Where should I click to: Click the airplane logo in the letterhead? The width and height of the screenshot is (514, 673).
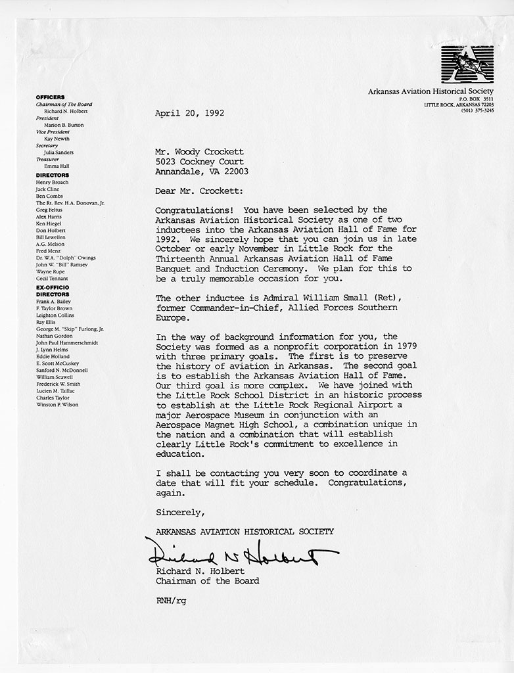coord(467,64)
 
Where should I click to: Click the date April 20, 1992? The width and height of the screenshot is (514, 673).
coord(189,113)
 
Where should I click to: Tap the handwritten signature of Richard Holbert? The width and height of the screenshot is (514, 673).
coord(237,553)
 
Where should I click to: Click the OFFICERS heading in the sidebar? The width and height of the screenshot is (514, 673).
coord(50,97)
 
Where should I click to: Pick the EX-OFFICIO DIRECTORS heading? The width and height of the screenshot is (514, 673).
coord(53,291)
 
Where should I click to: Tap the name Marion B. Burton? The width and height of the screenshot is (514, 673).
coord(64,125)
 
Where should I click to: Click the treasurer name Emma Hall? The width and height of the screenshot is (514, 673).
coord(57,166)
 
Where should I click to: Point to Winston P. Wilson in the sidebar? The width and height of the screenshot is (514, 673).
coord(57,405)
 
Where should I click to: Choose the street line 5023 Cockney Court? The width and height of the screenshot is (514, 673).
coord(199,162)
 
